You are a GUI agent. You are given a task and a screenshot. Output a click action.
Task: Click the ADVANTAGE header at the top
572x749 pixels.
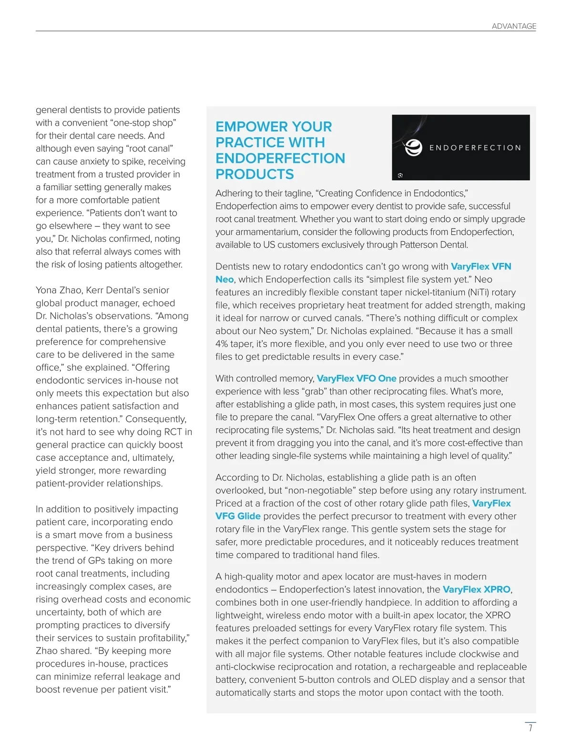(514, 26)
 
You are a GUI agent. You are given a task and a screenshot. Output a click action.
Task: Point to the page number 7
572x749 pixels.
(530, 728)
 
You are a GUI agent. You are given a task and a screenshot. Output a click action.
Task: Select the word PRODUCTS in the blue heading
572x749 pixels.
(255, 174)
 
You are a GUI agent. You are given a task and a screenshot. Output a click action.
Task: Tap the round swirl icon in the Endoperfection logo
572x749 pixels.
(413, 148)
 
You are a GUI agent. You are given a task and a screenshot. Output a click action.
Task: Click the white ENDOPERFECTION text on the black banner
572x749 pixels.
(475, 148)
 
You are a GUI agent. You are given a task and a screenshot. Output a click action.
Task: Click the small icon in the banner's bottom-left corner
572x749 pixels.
(400, 175)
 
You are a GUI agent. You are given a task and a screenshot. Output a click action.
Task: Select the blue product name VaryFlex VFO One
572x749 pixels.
(357, 379)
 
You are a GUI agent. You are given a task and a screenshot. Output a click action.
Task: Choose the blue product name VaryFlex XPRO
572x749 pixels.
(476, 589)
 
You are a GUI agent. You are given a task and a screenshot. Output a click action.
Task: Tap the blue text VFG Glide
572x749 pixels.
(238, 516)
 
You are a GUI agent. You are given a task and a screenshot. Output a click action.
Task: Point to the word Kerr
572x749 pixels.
(96, 290)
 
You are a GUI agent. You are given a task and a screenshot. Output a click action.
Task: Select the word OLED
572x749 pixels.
(404, 679)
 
